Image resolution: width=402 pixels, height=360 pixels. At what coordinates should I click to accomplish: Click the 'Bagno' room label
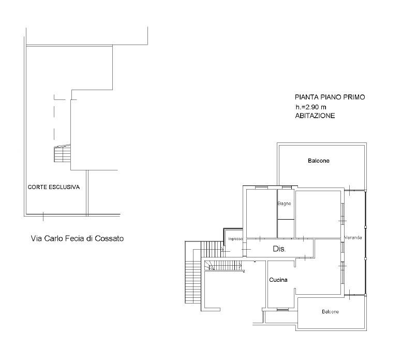pos(285,204)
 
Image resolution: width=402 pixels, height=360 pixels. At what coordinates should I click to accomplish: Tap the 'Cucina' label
pos(278,280)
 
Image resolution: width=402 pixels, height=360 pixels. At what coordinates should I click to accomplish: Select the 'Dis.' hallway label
pos(279,249)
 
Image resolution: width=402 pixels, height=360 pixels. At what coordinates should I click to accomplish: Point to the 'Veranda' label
pos(353,238)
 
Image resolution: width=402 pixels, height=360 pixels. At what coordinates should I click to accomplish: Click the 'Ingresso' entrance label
pos(235,239)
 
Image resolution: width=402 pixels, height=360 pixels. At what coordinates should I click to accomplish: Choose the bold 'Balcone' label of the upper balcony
pos(319,161)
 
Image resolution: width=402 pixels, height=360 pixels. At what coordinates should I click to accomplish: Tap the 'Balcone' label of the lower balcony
pos(331,312)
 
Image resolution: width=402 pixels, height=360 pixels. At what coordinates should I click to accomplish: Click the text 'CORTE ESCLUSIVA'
pos(54,187)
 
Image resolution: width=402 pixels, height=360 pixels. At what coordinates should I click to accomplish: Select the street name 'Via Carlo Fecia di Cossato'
pos(77,239)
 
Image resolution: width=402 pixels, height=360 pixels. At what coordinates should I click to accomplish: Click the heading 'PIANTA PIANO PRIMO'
pos(330,97)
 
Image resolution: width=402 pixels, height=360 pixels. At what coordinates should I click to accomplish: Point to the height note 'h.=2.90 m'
pos(311,107)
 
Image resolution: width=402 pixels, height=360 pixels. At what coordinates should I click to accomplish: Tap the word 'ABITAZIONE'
pos(315,116)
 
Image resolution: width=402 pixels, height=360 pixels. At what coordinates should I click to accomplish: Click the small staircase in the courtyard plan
pos(62,153)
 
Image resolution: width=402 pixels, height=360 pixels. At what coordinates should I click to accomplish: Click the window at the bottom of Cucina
pos(283,309)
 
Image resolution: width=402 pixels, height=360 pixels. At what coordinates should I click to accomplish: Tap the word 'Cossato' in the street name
pos(109,239)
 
